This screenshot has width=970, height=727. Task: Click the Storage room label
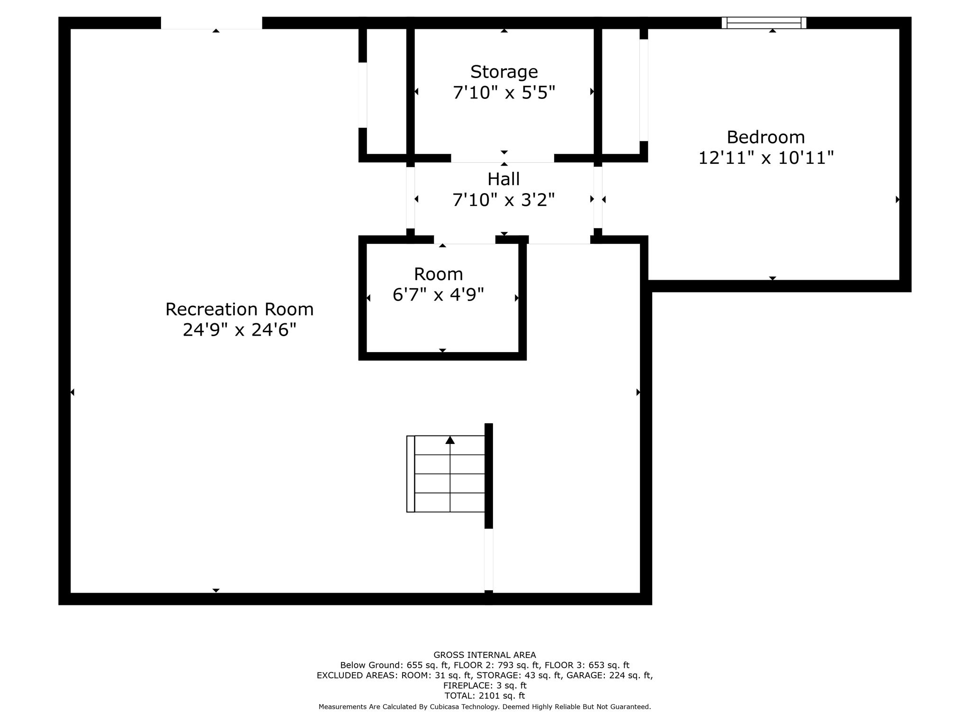coord(504,72)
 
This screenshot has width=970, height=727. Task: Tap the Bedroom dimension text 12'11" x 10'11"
coord(765,158)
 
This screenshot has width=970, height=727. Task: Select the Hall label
coord(503,179)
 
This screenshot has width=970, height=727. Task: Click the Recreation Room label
coord(239,310)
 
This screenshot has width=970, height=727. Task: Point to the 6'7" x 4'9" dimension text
coord(438,295)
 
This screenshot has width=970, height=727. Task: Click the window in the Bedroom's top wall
coord(763,23)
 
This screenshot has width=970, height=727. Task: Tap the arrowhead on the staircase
coord(450,440)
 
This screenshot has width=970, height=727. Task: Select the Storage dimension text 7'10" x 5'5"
coord(504,92)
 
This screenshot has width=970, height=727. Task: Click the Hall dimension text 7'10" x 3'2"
coord(503,200)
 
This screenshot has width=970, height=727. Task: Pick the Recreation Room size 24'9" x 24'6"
coord(239,330)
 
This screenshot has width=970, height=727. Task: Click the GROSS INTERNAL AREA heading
coord(485,655)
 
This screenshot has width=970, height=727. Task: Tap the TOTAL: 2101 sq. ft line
coord(485,696)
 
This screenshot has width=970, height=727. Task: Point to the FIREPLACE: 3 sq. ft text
coord(485,685)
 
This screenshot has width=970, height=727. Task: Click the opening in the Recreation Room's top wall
coord(211,23)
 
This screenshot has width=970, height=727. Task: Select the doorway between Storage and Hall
coord(503,158)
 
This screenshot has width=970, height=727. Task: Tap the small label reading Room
coord(438,274)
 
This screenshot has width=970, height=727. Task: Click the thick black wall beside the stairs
coord(489,476)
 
